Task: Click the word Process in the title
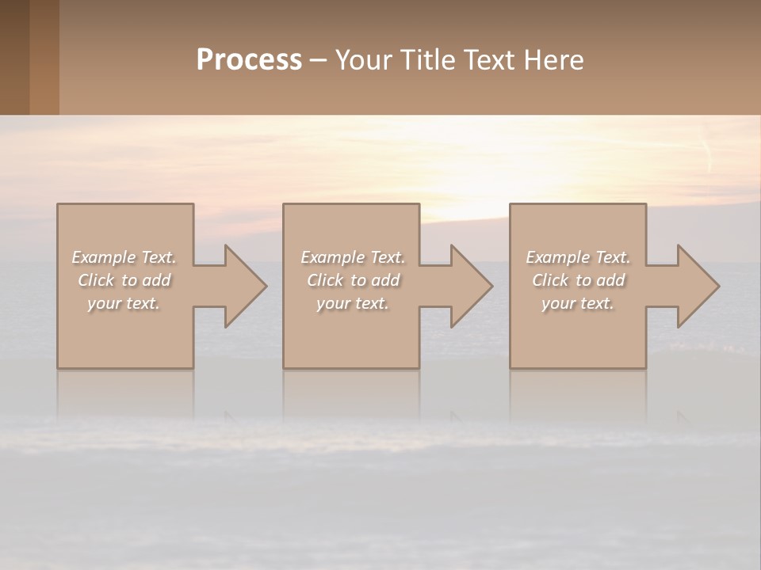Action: tap(249, 60)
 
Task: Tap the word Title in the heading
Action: tap(427, 60)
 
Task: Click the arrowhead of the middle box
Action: tap(470, 286)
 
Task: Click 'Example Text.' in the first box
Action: tap(124, 257)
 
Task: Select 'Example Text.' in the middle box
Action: tap(353, 257)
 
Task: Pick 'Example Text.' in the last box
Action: tap(578, 257)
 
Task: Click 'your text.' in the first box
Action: tap(124, 303)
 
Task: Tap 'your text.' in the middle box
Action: tap(353, 303)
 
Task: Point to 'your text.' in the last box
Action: tap(578, 303)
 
